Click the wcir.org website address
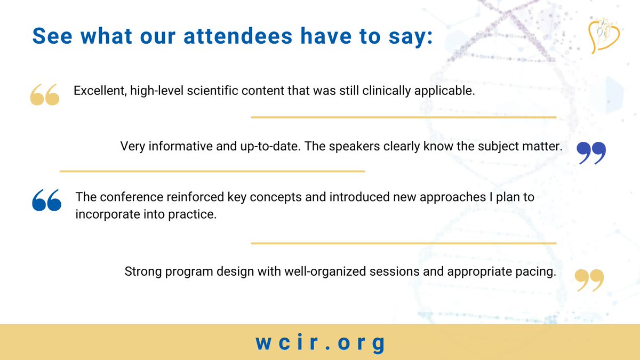(320, 343)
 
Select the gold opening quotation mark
(44, 94)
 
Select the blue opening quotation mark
(46, 200)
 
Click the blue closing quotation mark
(591, 153)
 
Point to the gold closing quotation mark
(589, 280)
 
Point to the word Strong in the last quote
(141, 271)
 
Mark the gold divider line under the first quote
(403, 117)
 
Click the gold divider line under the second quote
(212, 171)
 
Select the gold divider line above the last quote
(403, 243)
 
